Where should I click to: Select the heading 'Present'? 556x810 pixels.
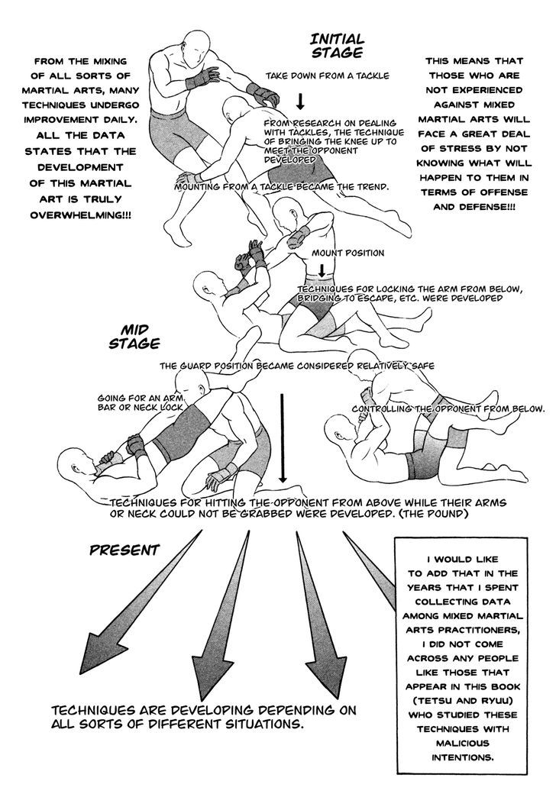(x=124, y=550)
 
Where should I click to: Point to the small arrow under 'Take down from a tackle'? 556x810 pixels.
(x=300, y=101)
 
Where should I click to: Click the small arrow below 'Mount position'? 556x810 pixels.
(x=322, y=270)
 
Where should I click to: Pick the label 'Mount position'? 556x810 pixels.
(x=347, y=253)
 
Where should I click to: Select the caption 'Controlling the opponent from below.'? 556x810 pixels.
(x=448, y=409)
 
